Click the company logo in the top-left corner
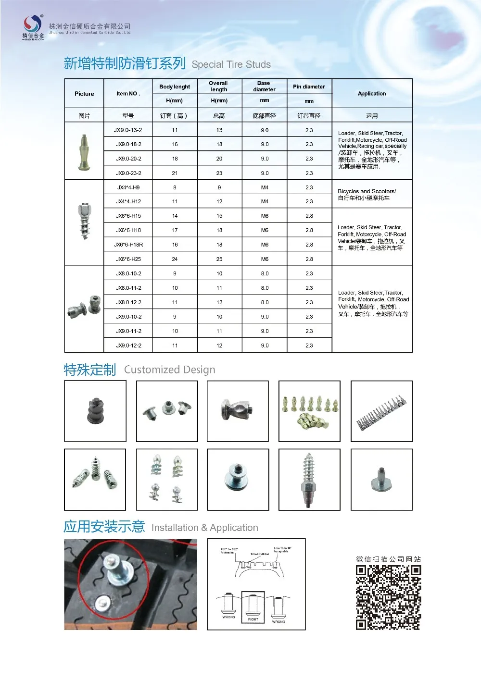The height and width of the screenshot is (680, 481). pos(33,26)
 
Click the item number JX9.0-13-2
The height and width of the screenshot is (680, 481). pos(128,130)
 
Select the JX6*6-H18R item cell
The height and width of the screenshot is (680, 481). pos(128,245)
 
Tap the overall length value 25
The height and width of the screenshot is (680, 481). pos(219,259)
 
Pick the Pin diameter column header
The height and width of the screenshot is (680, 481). pos(309,87)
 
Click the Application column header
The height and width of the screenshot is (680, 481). pos(372,94)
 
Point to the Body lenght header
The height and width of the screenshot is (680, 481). pos(175,87)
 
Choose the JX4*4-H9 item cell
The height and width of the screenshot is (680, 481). pos(128,187)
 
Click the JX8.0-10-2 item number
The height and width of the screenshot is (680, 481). pos(128,273)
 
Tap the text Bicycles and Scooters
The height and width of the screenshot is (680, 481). pos(367,191)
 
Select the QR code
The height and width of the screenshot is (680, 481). pos(388,597)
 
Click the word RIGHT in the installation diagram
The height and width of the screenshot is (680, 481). pos(253,619)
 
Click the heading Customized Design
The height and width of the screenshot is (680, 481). pos(169,370)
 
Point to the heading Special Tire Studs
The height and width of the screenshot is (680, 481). pos(231,64)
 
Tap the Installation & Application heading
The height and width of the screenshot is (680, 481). pos(204,528)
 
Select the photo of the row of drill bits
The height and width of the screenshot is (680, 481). pos(381,411)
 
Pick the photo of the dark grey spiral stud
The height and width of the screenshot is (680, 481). pos(95,411)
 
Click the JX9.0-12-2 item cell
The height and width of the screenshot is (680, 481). pos(128,346)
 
